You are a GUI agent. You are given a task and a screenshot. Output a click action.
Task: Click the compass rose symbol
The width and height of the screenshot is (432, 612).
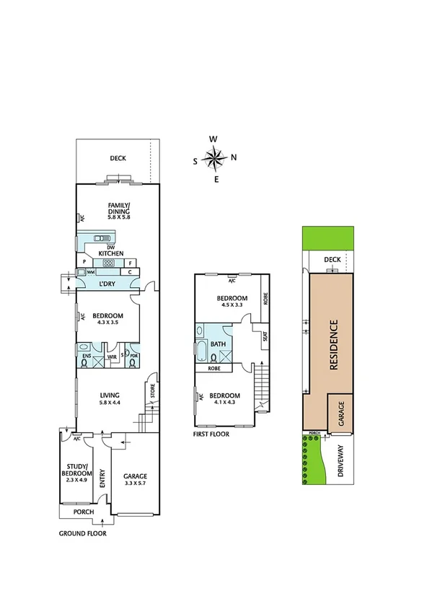point(215,158)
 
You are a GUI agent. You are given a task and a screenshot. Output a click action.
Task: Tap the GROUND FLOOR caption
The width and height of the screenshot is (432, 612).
point(83,534)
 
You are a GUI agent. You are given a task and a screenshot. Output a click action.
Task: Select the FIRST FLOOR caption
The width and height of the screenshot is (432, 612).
point(211,434)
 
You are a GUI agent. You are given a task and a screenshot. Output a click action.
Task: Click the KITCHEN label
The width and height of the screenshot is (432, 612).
point(112,253)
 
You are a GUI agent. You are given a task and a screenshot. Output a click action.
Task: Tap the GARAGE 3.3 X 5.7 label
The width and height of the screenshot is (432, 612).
point(135,480)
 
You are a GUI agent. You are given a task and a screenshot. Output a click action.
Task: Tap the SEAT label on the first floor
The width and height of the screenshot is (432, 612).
point(265,337)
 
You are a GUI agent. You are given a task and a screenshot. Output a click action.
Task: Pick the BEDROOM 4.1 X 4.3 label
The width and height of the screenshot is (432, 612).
point(223,399)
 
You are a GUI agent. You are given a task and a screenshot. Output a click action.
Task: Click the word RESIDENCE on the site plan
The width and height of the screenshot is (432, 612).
point(334,346)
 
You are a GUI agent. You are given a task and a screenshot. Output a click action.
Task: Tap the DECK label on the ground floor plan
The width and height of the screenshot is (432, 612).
point(118,158)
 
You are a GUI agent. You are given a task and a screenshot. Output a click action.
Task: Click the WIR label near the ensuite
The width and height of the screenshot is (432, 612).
point(112,357)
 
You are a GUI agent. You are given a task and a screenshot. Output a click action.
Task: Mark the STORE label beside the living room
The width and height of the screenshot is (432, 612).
point(152,391)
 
